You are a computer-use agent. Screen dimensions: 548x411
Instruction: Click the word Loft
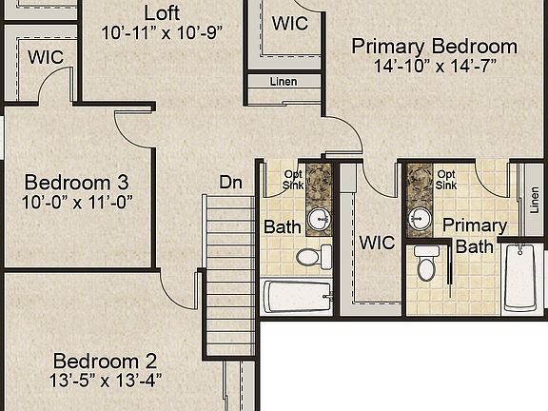point(162,13)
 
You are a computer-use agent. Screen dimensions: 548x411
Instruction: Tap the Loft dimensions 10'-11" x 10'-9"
point(162,33)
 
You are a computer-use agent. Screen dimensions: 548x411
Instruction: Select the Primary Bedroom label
point(435,47)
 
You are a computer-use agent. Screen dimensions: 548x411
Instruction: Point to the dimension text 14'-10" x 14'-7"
point(435,66)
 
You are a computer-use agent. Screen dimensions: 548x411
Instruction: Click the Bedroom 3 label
point(76,183)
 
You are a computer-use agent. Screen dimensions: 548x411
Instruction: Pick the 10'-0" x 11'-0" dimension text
point(77,203)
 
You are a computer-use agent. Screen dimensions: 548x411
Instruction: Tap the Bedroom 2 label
point(105,361)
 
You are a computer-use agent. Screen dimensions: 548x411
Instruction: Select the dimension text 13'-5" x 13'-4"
point(106,381)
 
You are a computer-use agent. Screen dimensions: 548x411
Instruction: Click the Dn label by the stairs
point(230,183)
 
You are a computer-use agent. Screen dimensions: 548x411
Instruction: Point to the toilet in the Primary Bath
point(426,264)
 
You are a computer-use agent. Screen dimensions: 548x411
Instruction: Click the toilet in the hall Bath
point(314,257)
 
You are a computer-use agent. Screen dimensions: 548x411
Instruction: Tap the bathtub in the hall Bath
point(298,297)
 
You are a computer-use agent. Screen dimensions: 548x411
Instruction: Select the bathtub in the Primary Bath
point(519,278)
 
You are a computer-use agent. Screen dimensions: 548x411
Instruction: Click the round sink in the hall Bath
point(319,219)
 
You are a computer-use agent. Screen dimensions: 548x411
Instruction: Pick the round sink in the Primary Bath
point(421,219)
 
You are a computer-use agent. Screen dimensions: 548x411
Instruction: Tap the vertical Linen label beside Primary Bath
point(535,200)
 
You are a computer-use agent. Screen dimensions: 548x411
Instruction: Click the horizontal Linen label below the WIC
point(284,82)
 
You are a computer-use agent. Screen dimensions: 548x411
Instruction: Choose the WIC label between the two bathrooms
point(378,243)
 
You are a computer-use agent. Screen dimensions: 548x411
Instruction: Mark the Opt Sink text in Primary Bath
point(446,180)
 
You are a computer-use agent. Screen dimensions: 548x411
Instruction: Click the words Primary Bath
point(475,236)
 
